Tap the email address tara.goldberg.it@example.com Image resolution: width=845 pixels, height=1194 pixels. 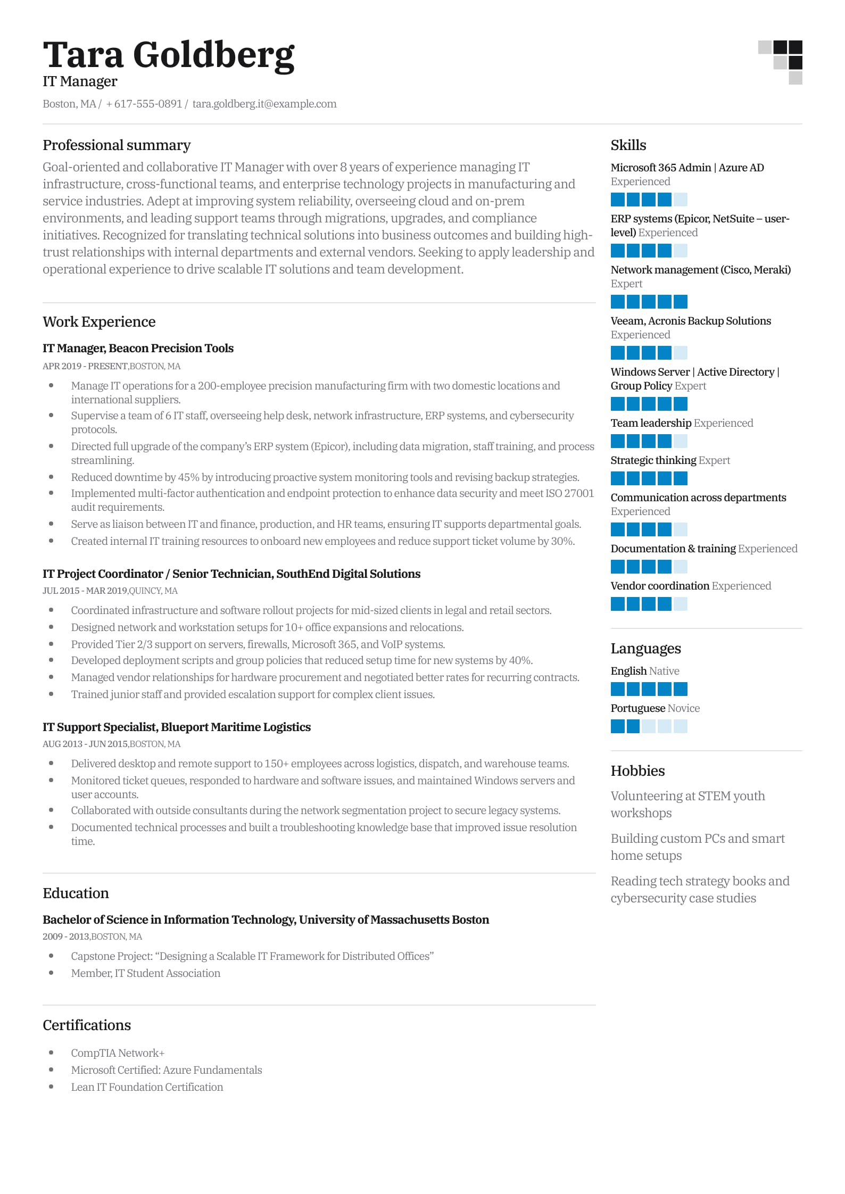pyautogui.click(x=264, y=104)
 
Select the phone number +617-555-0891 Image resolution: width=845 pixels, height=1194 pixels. pyautogui.click(x=144, y=104)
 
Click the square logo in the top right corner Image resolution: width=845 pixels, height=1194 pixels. pyautogui.click(x=780, y=62)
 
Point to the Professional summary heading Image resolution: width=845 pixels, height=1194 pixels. pyautogui.click(x=117, y=145)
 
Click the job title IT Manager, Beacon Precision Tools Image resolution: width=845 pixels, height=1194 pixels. pyautogui.click(x=138, y=348)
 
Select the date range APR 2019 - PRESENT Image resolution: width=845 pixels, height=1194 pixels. pyautogui.click(x=85, y=366)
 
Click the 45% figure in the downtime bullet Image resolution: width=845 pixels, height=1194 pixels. pyautogui.click(x=188, y=477)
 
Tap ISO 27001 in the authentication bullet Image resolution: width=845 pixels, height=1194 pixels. pyautogui.click(x=569, y=493)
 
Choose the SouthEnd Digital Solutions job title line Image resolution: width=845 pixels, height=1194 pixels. pyautogui.click(x=231, y=574)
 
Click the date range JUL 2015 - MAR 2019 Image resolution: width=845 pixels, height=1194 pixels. pyautogui.click(x=85, y=591)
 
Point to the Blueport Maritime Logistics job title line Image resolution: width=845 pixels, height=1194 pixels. pyautogui.click(x=177, y=727)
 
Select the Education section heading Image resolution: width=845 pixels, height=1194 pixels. pyautogui.click(x=76, y=893)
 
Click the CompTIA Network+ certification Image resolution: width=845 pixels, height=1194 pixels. pyautogui.click(x=118, y=1052)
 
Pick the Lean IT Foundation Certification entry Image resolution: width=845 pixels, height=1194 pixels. pyautogui.click(x=147, y=1087)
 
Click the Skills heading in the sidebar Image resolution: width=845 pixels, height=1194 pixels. pyautogui.click(x=628, y=145)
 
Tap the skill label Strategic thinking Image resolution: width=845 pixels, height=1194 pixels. pyautogui.click(x=653, y=460)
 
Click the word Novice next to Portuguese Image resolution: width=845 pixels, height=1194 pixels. pyautogui.click(x=683, y=708)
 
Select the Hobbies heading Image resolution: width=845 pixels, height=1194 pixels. pyautogui.click(x=637, y=771)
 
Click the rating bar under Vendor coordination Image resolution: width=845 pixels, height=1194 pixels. pyautogui.click(x=649, y=604)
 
